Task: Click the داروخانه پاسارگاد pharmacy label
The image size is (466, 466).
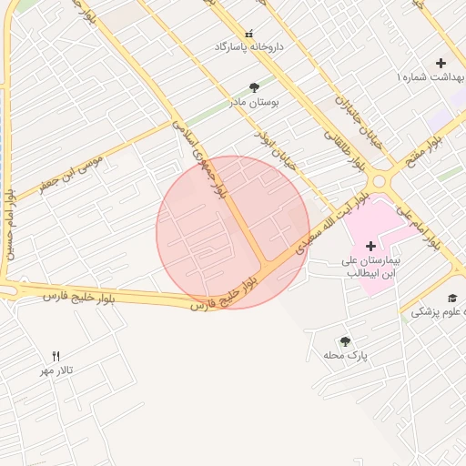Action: pos(249,46)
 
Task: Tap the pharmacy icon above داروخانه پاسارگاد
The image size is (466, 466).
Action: pos(248,33)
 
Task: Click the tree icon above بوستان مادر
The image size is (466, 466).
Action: pos(253,88)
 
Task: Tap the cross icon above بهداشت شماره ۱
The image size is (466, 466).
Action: pos(441,64)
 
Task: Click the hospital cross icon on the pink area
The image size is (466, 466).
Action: pos(370,246)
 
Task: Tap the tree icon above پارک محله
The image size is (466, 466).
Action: pos(345,341)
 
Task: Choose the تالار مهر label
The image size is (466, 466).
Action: pos(56,370)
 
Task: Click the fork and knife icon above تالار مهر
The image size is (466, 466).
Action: pos(56,356)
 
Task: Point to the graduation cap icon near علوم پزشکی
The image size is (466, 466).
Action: pos(452,298)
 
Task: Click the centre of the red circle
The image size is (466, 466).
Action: pos(233,232)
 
